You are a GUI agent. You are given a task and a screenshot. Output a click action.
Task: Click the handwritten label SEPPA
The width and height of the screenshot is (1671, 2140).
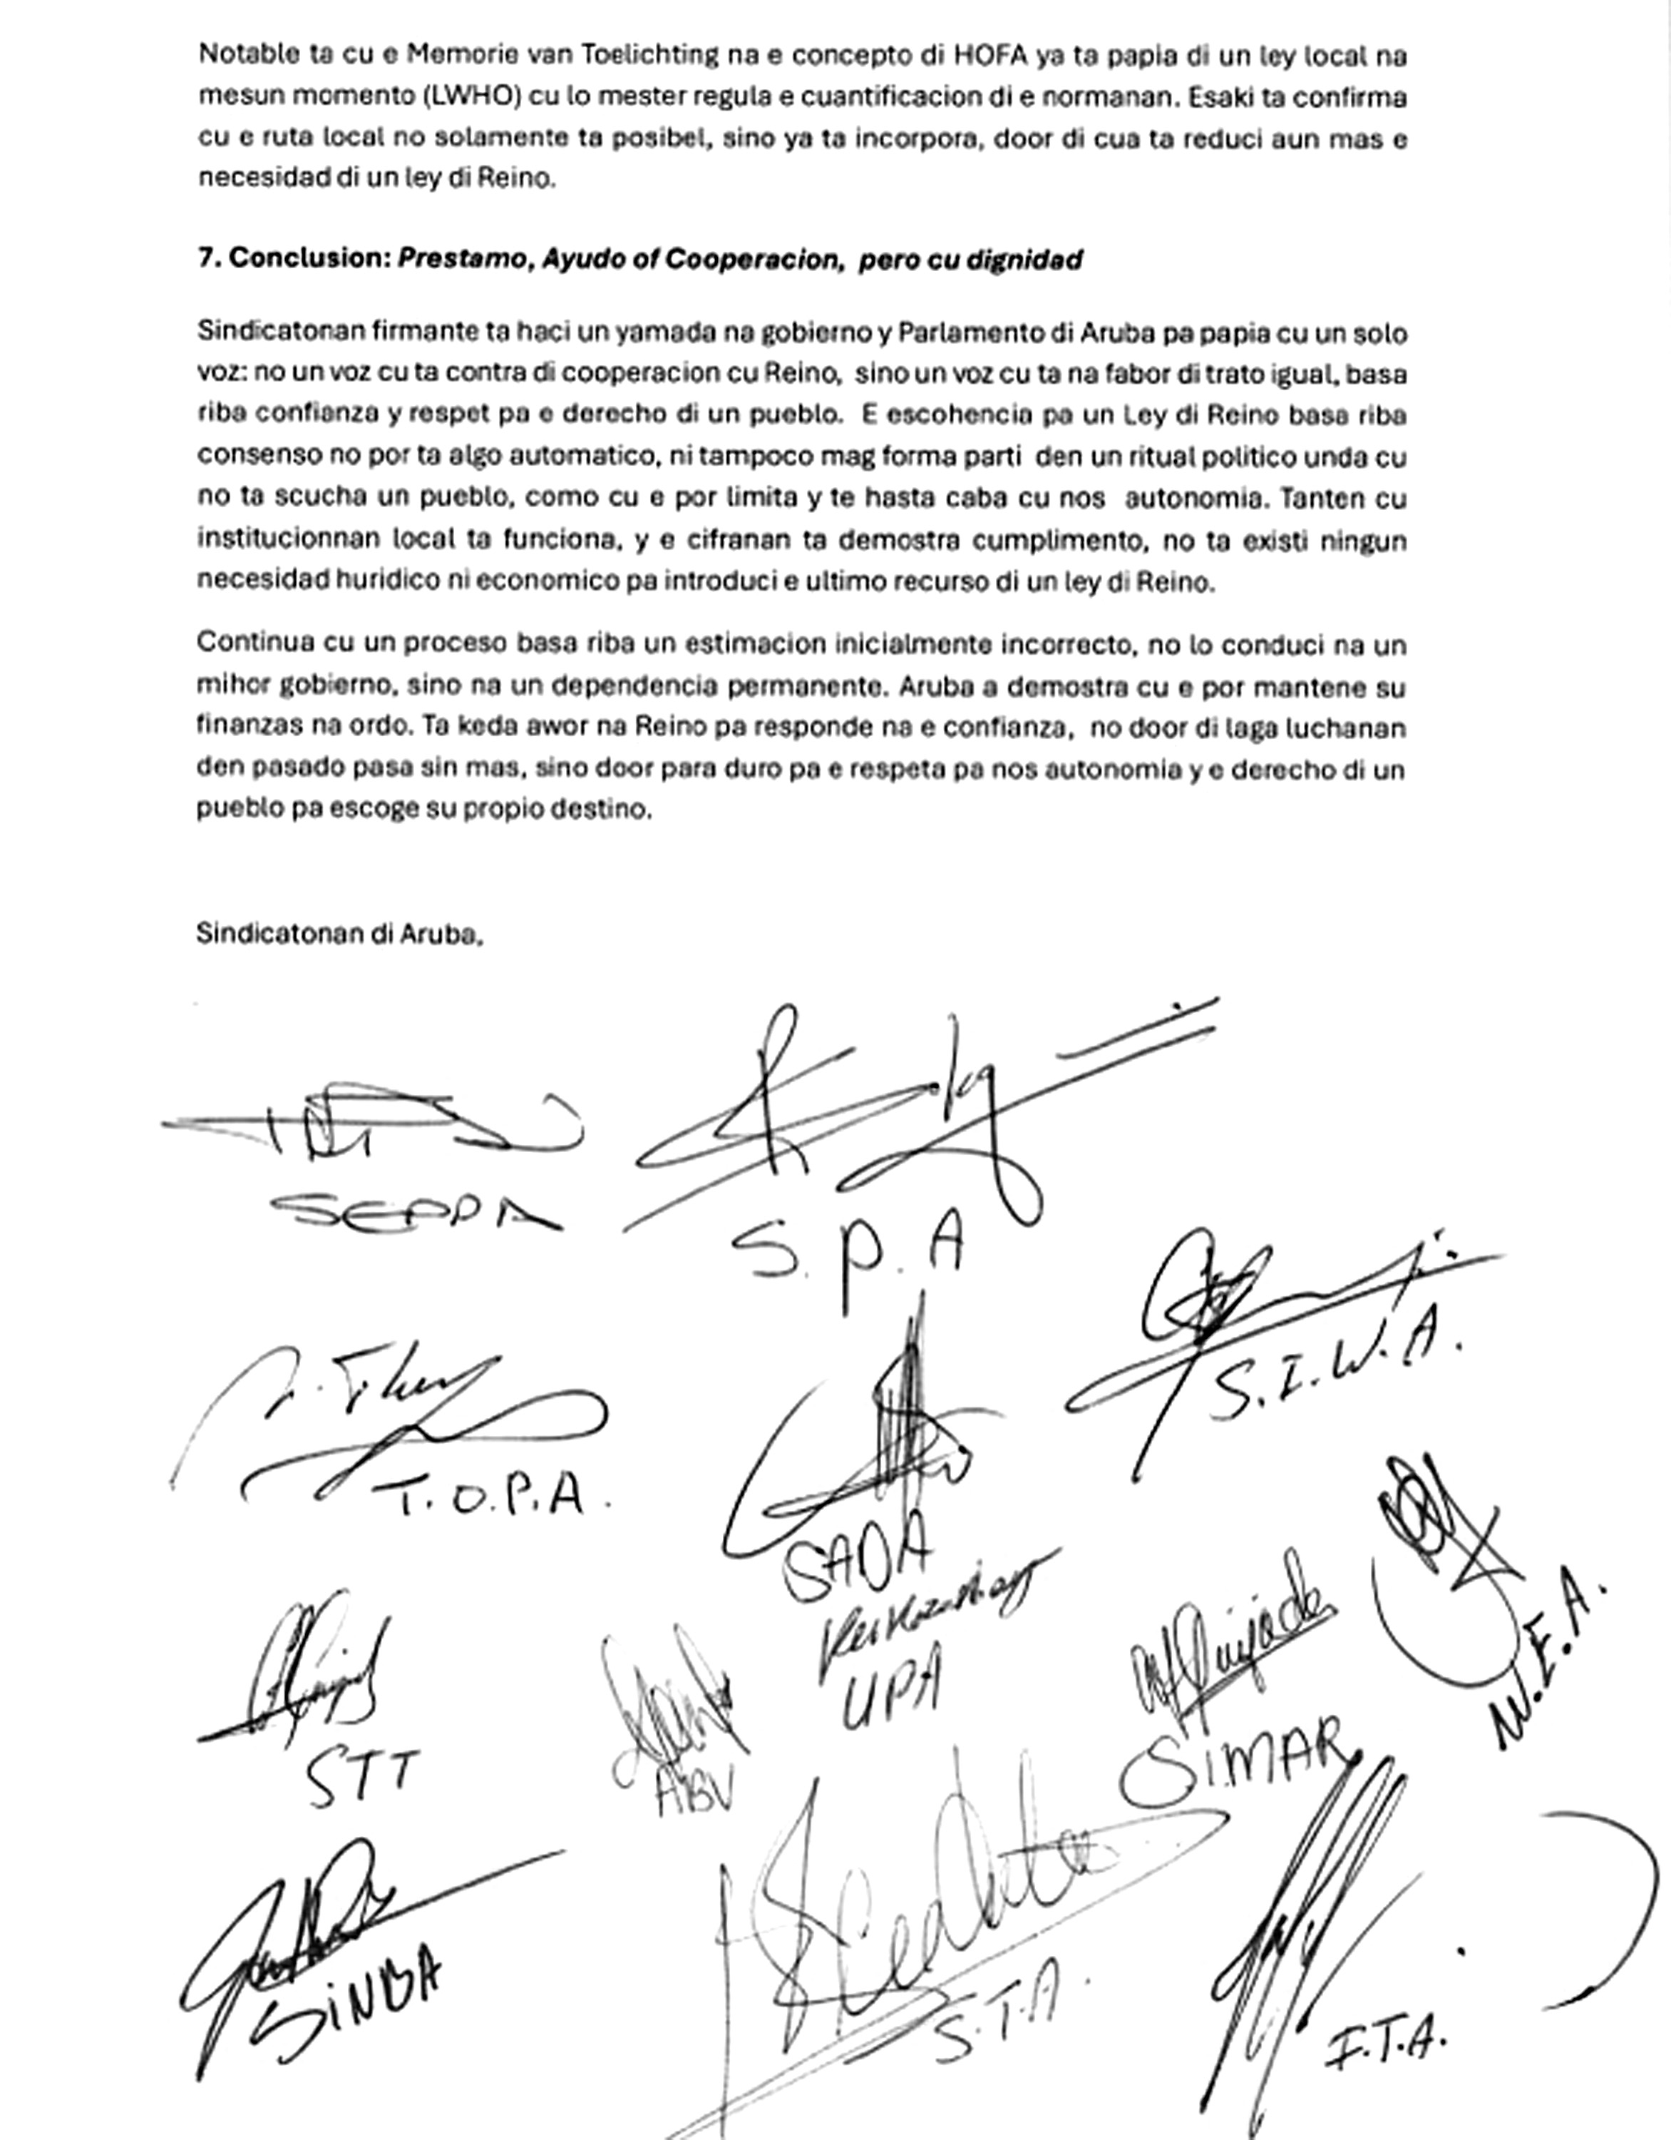tap(416, 1213)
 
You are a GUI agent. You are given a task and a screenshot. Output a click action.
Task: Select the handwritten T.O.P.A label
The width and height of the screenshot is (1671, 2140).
tap(490, 1497)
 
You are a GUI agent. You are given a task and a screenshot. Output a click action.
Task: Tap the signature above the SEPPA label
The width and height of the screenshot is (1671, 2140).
tap(372, 1127)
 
